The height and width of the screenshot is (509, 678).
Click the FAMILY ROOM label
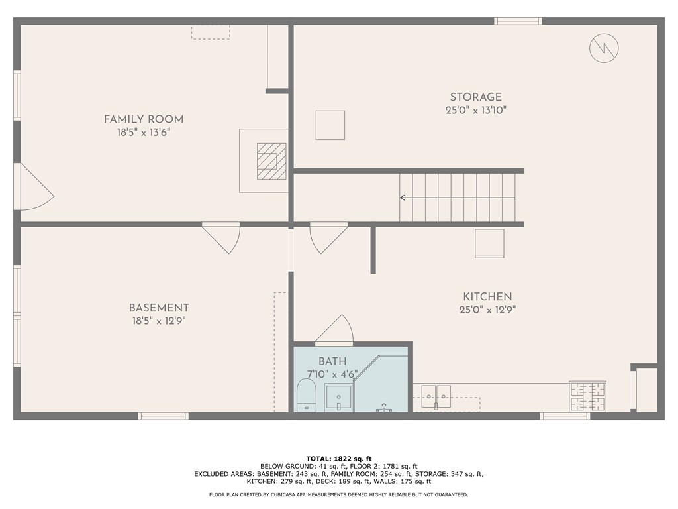(144, 119)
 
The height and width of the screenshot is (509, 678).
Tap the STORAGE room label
(475, 97)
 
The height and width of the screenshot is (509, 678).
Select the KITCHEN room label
(487, 297)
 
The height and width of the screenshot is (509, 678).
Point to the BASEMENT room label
(159, 308)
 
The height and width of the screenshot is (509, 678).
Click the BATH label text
(332, 361)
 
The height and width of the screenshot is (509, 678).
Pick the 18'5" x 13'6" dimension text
(144, 133)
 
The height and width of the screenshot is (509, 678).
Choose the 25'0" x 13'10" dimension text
(475, 111)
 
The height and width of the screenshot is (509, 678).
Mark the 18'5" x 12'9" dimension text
(159, 321)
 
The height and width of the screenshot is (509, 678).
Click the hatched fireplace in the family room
(271, 161)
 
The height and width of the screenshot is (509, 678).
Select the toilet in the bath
(306, 395)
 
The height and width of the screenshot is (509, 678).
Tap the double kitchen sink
(434, 395)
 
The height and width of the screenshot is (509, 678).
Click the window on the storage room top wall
(518, 21)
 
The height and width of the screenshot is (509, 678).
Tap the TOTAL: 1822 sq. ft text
(338, 459)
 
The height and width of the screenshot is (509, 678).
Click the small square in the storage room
(330, 125)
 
